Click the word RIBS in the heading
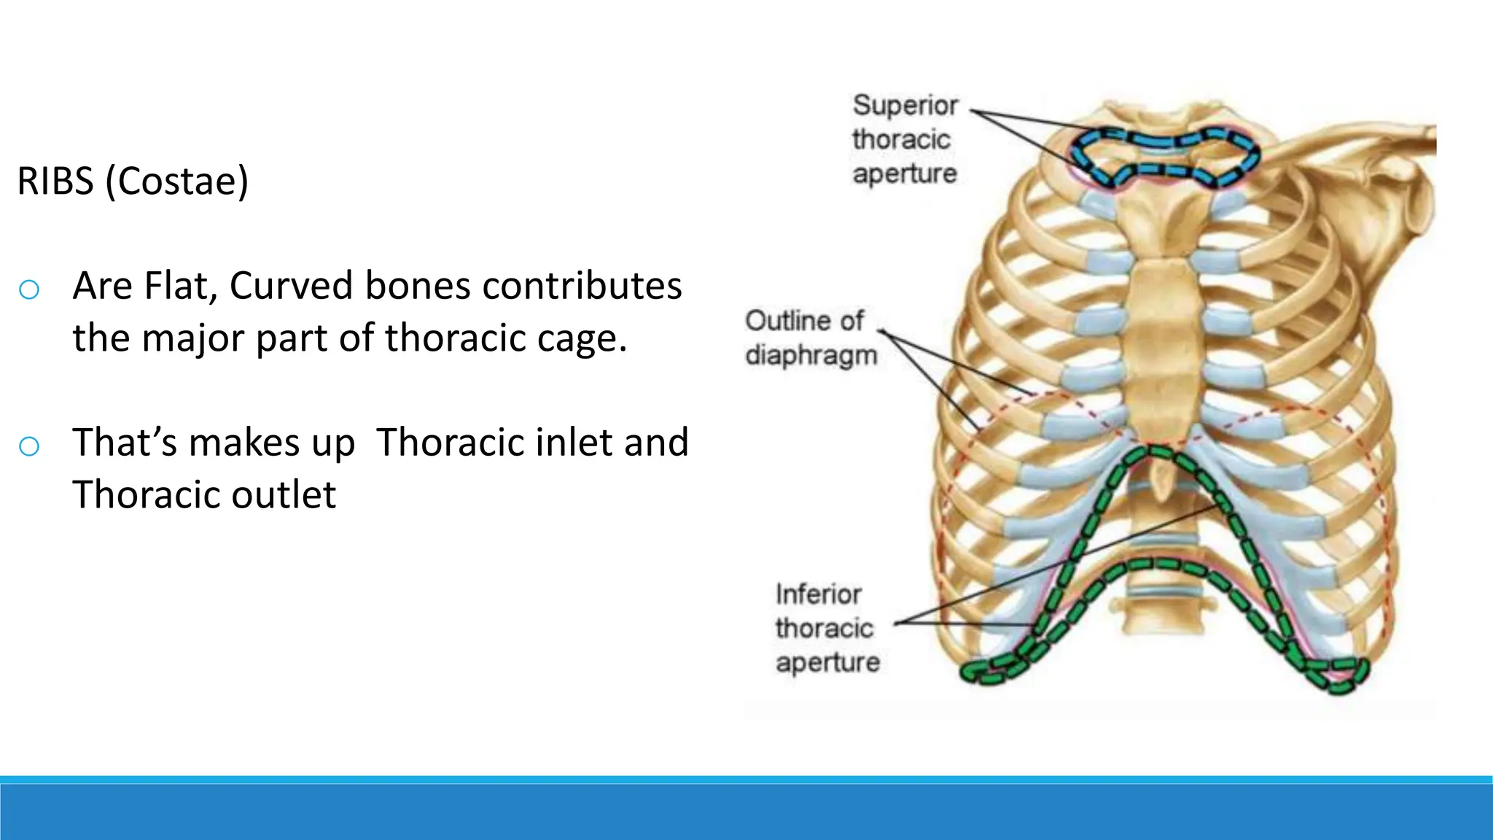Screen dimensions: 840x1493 [x=55, y=181]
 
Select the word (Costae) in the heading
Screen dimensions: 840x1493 [x=176, y=181]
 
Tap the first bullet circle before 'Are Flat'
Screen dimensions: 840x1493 [x=29, y=289]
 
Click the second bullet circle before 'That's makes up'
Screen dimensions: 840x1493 [x=29, y=446]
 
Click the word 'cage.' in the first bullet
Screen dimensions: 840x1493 [x=582, y=338]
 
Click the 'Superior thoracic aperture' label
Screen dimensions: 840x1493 [x=905, y=139]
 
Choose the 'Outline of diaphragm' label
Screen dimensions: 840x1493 [x=810, y=338]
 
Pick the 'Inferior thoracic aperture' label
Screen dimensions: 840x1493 [x=827, y=628]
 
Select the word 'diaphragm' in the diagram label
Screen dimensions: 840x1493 [x=811, y=356]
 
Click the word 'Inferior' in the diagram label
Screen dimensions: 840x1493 [x=818, y=594]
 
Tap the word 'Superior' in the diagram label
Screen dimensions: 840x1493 [x=905, y=106]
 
